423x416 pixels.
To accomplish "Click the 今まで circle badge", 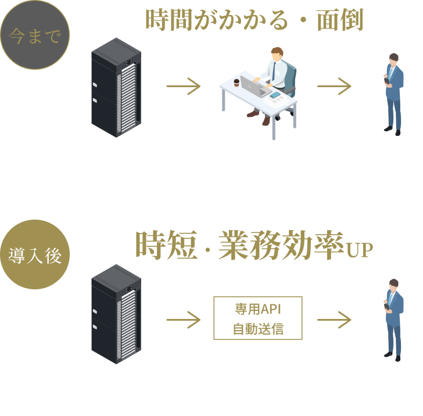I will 34,35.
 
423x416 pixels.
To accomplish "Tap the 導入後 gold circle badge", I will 35,254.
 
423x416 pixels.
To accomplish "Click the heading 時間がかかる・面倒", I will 253,20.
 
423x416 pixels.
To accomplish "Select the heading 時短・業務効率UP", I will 253,246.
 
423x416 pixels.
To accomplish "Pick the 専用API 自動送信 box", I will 258,317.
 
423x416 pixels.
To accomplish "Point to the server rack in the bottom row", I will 116,314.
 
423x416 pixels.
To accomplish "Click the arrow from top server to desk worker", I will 183,87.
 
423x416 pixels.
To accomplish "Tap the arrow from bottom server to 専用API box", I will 183,319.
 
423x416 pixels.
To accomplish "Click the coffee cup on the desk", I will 236,84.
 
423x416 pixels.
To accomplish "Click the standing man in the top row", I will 393,92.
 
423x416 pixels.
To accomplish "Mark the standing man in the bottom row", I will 393,318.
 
